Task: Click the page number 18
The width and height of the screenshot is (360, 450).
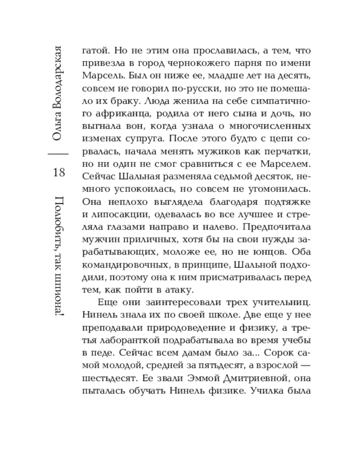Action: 59,173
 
